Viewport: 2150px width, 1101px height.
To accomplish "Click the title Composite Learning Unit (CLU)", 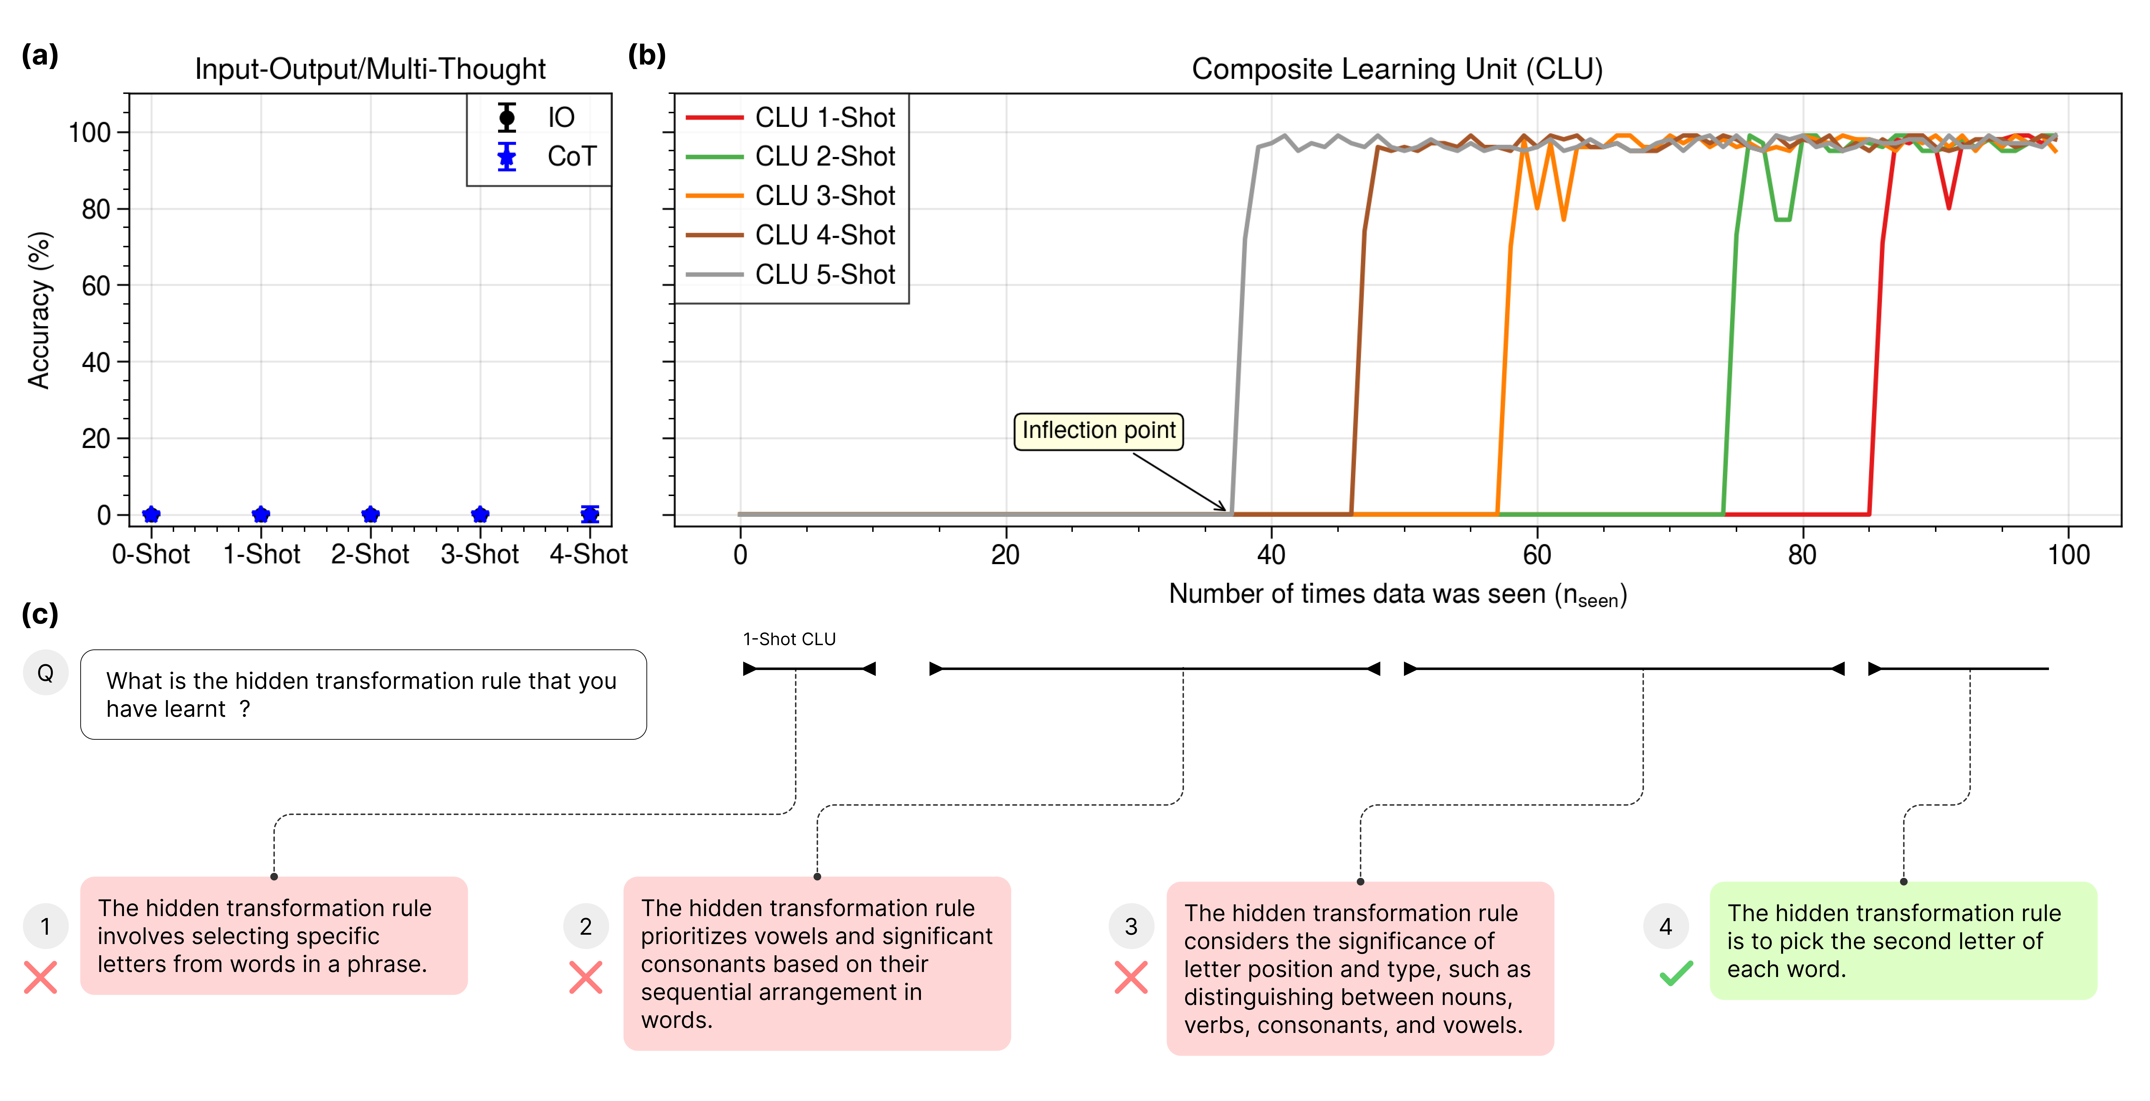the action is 1396,68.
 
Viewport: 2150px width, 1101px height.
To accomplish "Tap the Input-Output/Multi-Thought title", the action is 370,68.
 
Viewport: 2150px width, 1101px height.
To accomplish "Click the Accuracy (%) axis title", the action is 39,311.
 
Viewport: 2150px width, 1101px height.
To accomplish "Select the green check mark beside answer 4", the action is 1676,973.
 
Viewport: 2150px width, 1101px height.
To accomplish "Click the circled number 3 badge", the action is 1131,927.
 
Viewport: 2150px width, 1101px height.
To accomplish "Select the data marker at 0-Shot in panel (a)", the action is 151,514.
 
